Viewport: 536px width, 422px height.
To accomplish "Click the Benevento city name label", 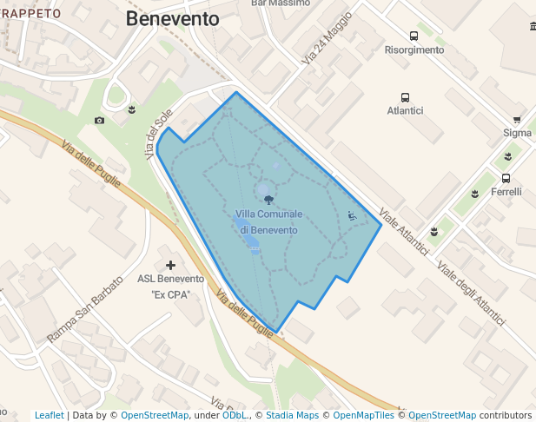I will [173, 19].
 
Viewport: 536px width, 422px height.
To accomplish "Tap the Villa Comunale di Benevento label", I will [268, 222].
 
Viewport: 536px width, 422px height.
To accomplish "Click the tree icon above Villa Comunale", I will [268, 200].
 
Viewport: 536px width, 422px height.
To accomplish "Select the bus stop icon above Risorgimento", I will [414, 36].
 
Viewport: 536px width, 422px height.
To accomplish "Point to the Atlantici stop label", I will [405, 111].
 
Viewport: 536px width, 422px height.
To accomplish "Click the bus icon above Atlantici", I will [405, 97].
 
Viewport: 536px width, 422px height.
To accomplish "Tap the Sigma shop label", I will [517, 133].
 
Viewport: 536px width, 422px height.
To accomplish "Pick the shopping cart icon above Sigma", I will [517, 120].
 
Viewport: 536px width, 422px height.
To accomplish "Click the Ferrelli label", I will [506, 192].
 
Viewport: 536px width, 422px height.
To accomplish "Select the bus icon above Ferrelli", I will [506, 178].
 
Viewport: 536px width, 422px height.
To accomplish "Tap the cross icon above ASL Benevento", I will [170, 265].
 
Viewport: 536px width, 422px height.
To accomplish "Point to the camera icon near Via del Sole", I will [100, 120].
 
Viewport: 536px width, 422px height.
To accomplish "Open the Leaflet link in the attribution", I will [49, 416].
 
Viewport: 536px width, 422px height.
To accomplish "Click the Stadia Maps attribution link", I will [292, 416].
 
